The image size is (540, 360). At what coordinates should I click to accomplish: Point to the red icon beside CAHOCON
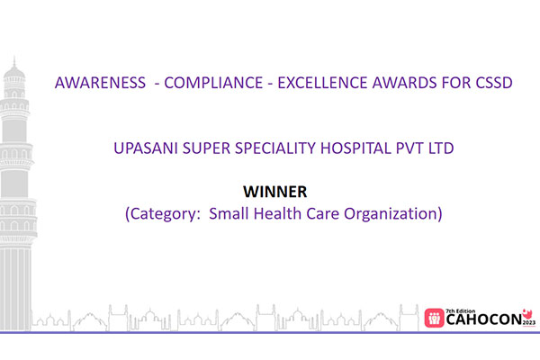tap(436, 316)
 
